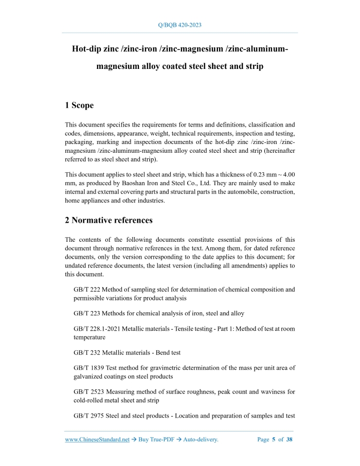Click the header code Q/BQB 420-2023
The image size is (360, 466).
click(x=180, y=25)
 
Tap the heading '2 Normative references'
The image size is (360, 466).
click(x=109, y=220)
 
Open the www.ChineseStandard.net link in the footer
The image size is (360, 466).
click(x=97, y=440)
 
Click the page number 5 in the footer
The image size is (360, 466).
click(x=274, y=440)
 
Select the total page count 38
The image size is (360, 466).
click(x=289, y=440)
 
